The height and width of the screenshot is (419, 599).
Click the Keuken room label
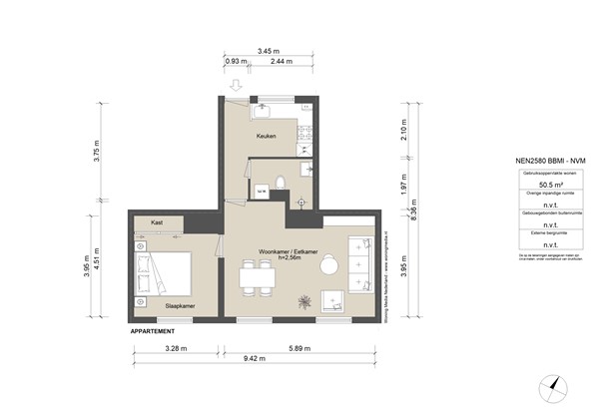click(266, 137)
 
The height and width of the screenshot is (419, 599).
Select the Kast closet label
click(157, 222)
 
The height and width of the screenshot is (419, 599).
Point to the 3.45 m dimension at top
click(267, 49)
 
